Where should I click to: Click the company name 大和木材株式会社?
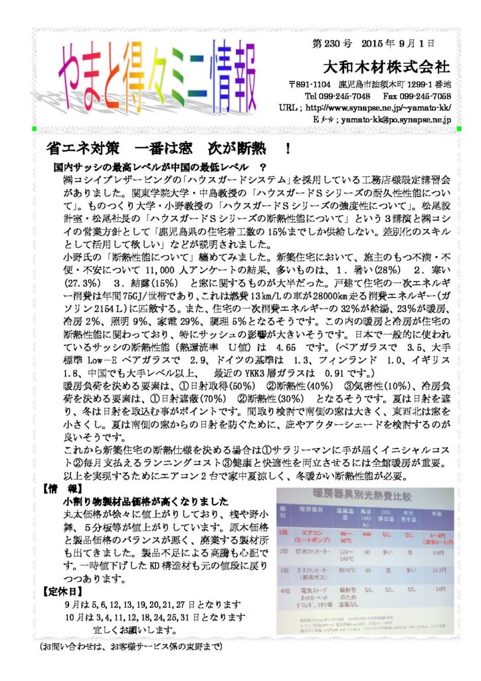(385, 67)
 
